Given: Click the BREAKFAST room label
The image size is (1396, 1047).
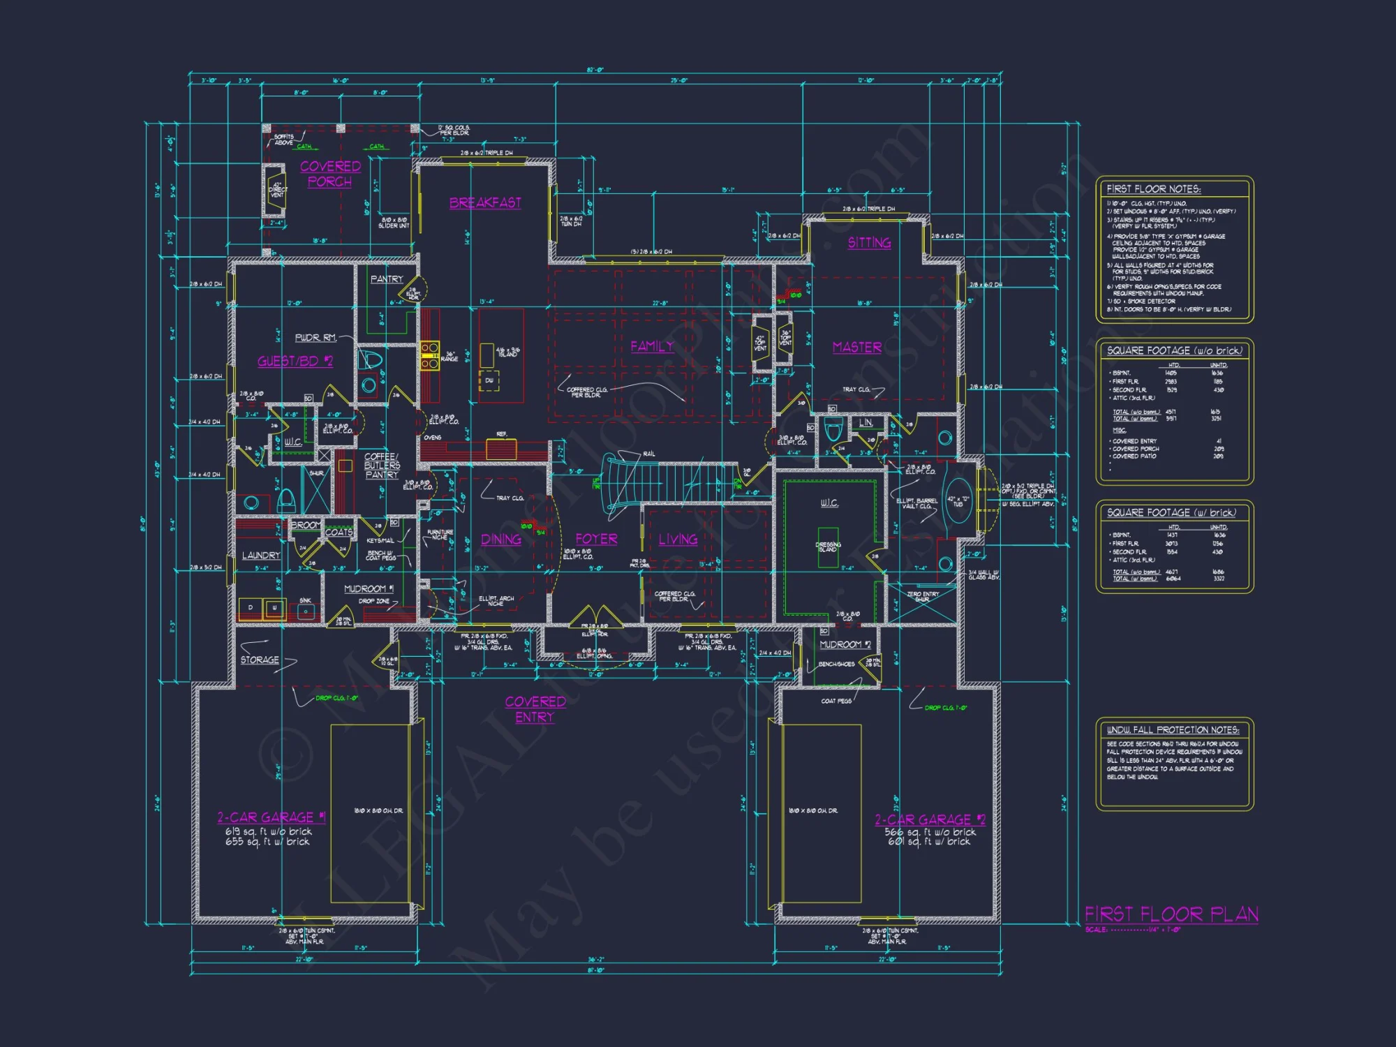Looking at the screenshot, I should click(485, 203).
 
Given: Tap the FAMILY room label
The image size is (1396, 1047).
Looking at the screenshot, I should click(652, 346).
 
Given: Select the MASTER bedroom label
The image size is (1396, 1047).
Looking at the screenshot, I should click(857, 348).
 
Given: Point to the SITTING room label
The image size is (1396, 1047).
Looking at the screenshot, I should click(869, 243).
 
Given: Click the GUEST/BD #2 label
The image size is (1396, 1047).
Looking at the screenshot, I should click(295, 361).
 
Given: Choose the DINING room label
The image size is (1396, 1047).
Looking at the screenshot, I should click(500, 540).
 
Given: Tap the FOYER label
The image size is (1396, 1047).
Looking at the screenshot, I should click(596, 539).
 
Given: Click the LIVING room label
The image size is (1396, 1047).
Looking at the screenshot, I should click(678, 540).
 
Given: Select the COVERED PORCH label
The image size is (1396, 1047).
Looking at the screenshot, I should click(330, 174).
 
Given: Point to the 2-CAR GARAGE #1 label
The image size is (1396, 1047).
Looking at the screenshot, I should click(272, 817).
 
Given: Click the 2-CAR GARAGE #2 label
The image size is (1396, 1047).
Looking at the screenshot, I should click(930, 819).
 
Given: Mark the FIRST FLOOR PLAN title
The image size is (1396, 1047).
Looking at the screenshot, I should click(1171, 914).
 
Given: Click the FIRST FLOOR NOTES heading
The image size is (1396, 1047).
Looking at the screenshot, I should click(1153, 189).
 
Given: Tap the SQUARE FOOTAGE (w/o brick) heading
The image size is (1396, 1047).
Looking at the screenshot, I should click(1174, 350).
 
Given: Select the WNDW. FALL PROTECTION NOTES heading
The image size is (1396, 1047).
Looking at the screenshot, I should click(1173, 730).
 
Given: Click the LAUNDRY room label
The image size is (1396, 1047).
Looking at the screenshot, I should click(260, 556).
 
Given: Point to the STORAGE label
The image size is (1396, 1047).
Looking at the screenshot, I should click(260, 660).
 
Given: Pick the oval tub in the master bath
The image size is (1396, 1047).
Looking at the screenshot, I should click(957, 500).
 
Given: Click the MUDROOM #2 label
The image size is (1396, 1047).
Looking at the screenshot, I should click(845, 644).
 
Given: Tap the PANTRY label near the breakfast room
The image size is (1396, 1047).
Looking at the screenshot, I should click(387, 279).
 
